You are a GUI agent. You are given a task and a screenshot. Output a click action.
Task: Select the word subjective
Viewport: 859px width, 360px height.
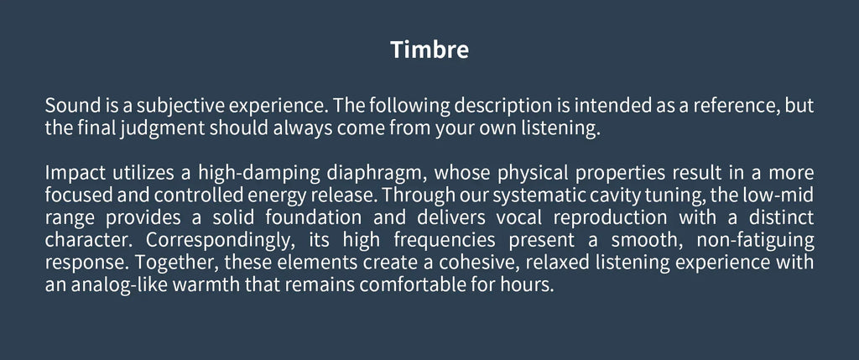[x=180, y=108]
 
